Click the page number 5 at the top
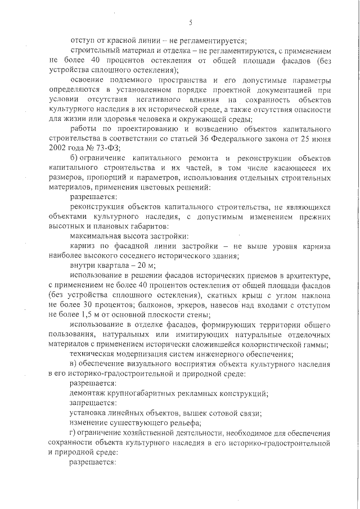[191, 23]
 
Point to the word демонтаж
[89, 393]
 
